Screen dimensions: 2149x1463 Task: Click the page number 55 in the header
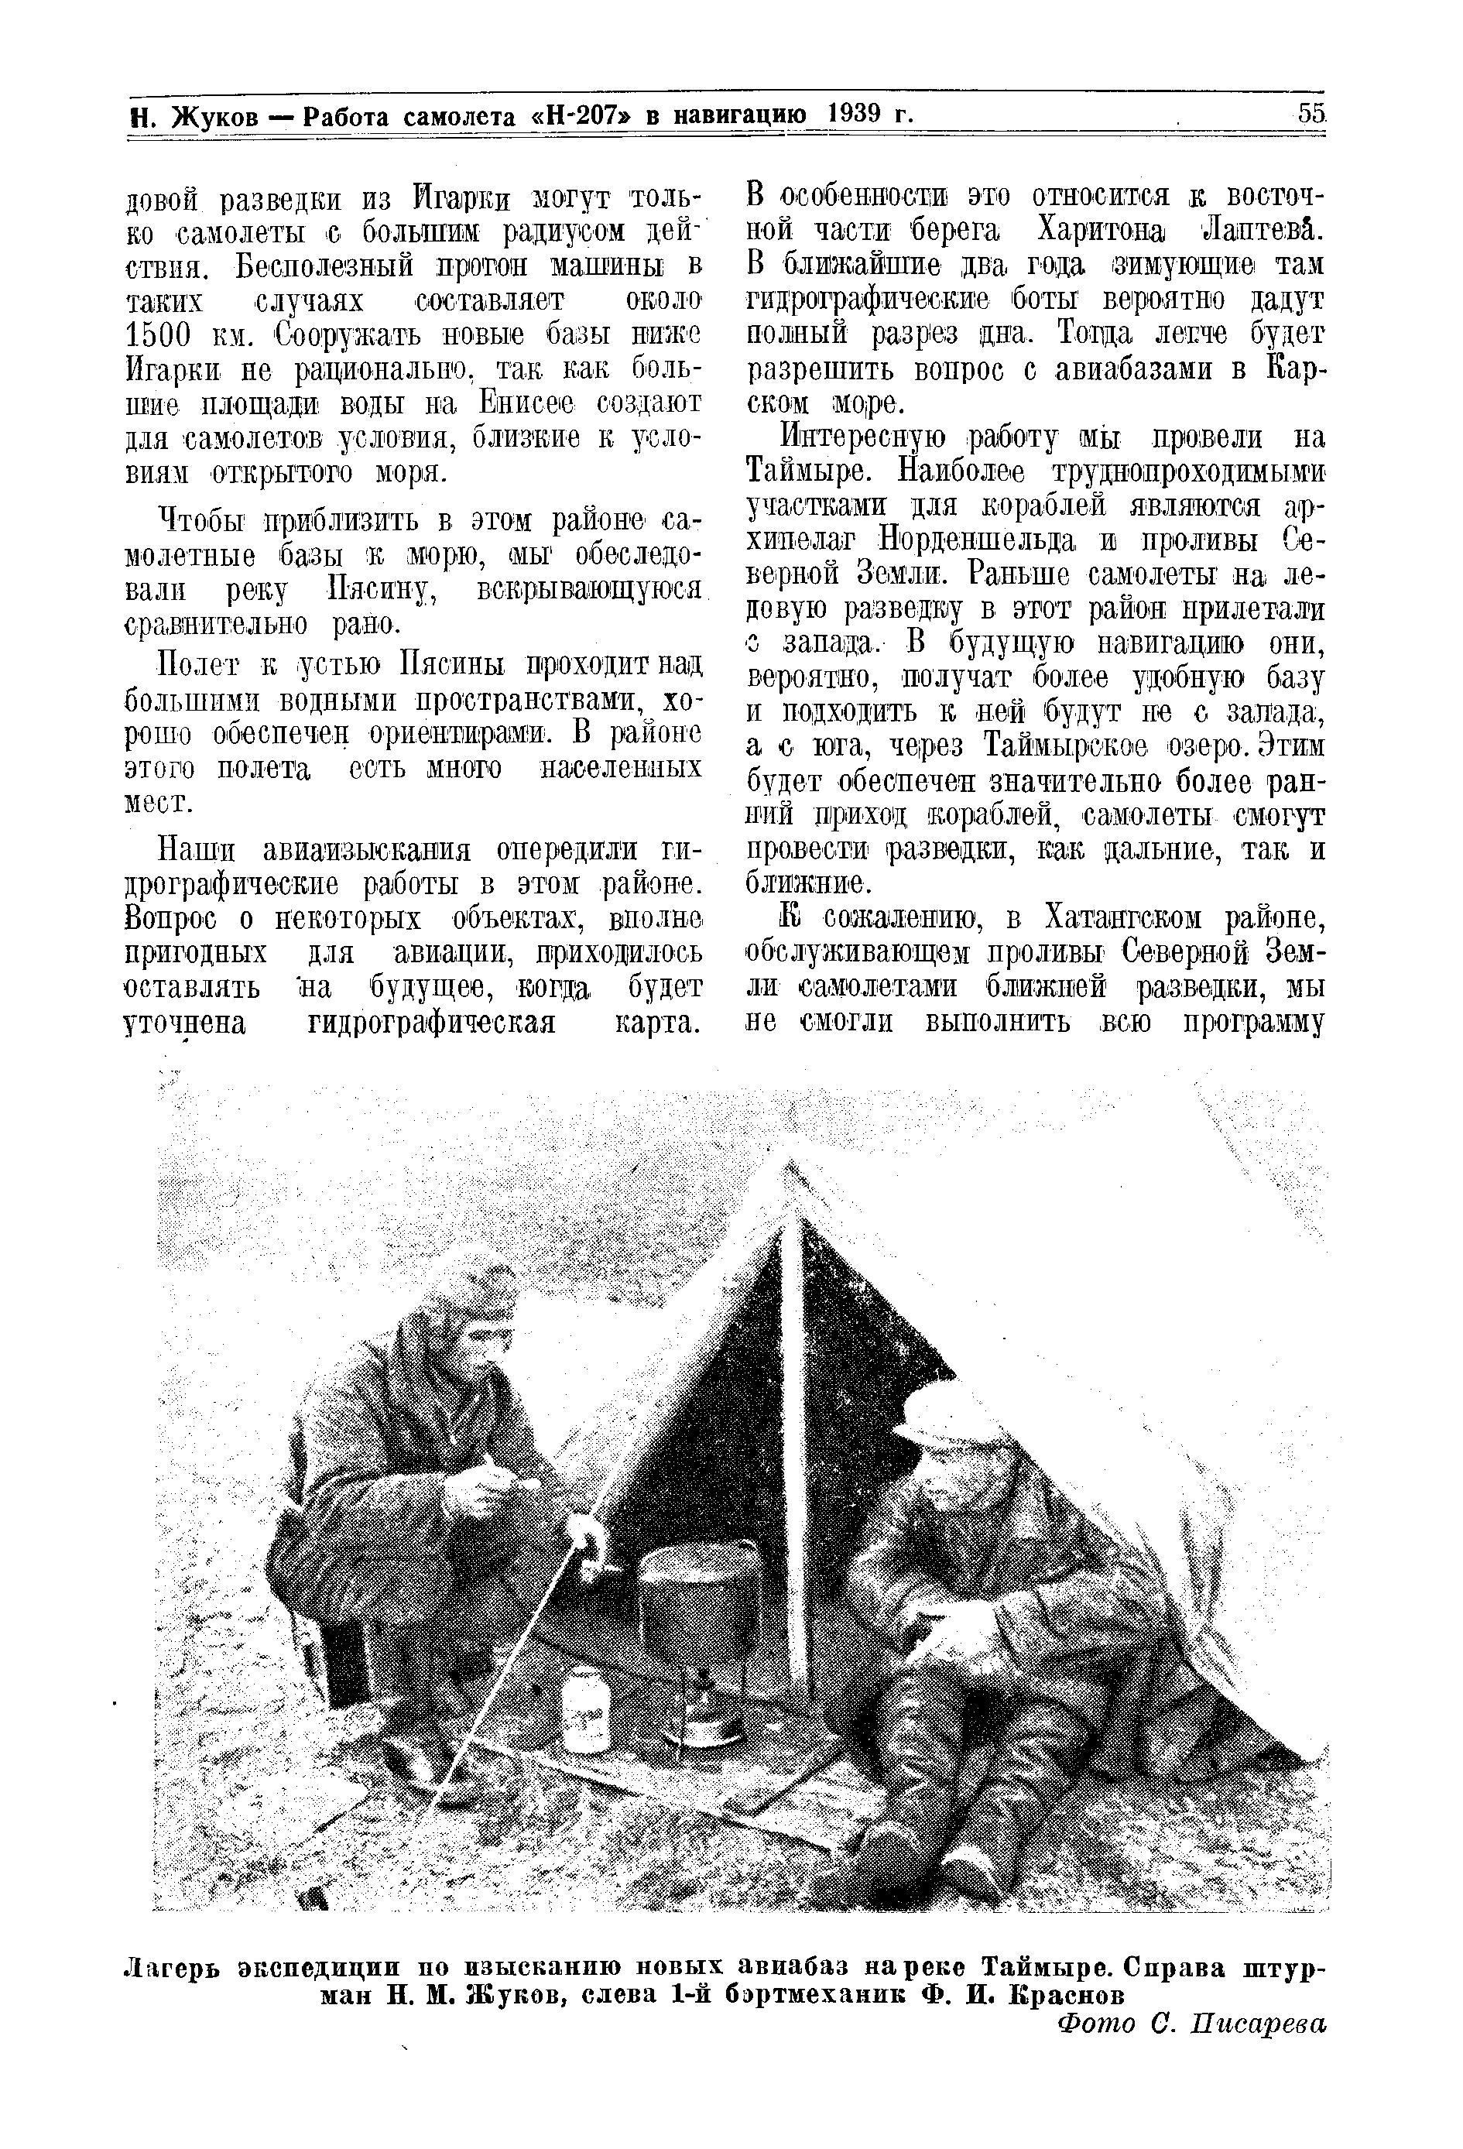pos(1312,114)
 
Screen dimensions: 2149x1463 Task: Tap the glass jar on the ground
pos(585,1703)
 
